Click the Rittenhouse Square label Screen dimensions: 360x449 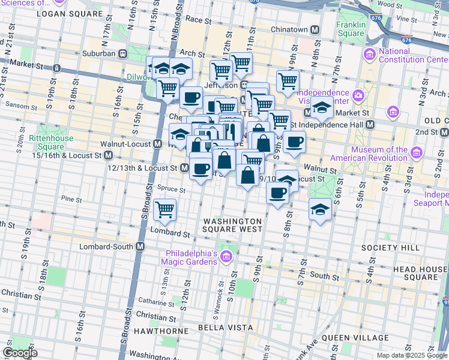point(46,142)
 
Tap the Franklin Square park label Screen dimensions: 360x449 point(351,29)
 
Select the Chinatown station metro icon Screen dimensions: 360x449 point(315,29)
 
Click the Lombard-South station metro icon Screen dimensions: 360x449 point(140,247)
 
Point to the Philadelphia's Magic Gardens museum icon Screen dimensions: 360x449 point(226,257)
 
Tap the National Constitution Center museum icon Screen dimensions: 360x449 point(369,55)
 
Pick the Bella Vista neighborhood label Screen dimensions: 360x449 point(223,329)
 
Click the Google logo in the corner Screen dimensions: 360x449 point(20,353)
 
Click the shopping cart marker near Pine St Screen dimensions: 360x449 point(164,209)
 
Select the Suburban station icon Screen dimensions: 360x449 point(122,53)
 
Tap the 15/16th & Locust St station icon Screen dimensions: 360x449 point(109,155)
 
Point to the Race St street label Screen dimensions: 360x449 point(198,20)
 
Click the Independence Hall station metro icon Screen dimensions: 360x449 point(370,124)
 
